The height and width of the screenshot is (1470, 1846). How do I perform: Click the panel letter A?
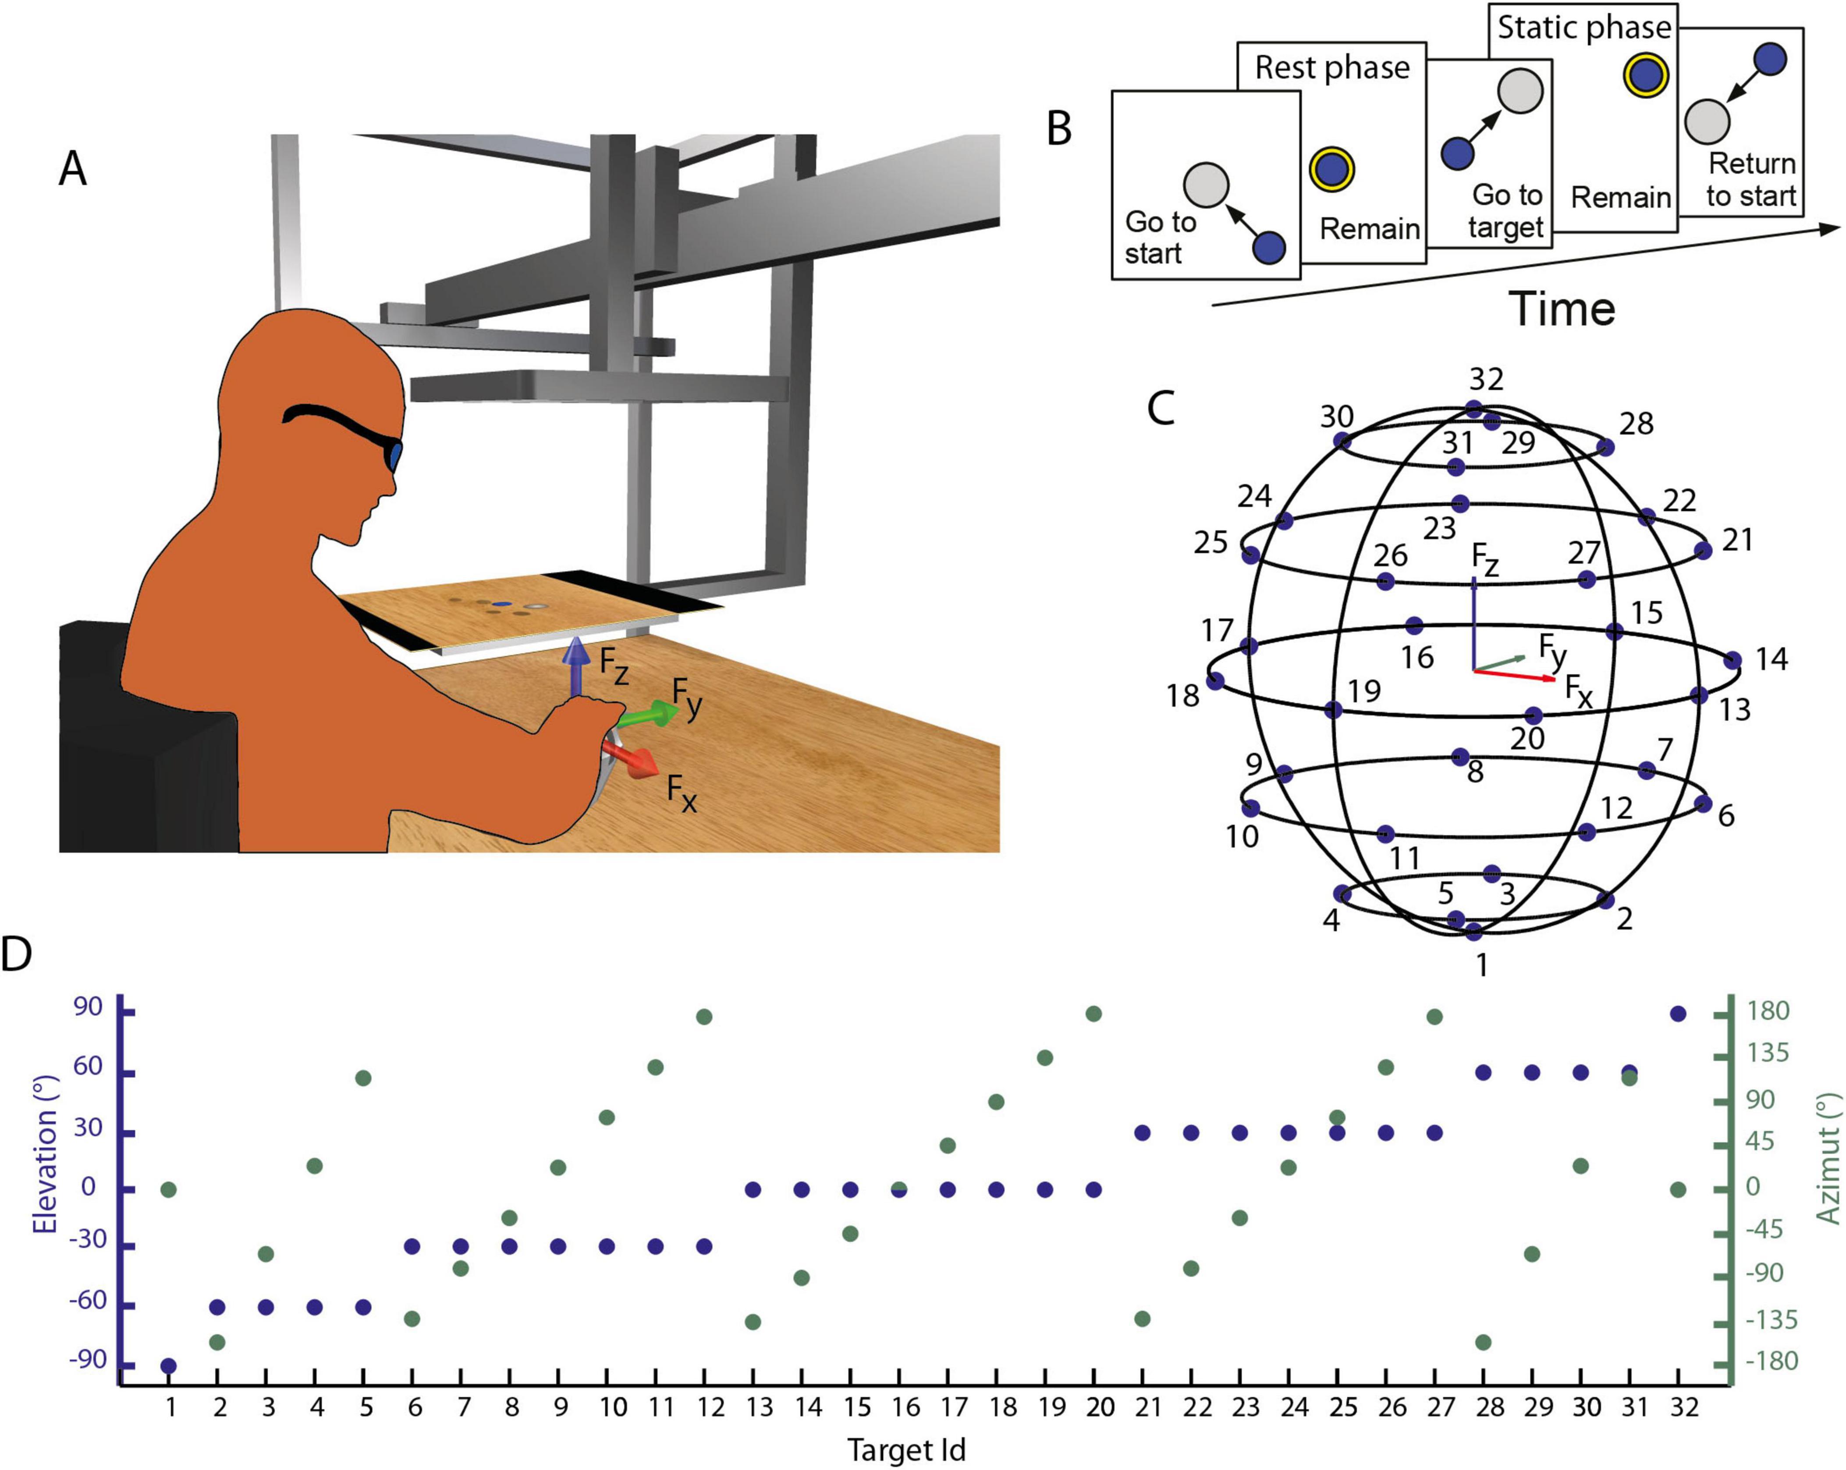[x=73, y=169]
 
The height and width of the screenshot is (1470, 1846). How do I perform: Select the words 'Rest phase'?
[x=1331, y=68]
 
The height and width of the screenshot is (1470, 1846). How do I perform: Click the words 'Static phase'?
[x=1584, y=28]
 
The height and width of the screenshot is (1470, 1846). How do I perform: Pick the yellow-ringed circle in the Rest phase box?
[x=1331, y=169]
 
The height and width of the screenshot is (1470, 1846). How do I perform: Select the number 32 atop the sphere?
[x=1486, y=379]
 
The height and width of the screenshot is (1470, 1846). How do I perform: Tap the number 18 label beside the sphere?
[x=1182, y=696]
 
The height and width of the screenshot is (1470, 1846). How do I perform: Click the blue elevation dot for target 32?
[x=1678, y=1014]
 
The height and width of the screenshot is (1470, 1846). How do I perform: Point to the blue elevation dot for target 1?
[x=169, y=1366]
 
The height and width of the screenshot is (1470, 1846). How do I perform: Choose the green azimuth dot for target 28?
[x=1484, y=1342]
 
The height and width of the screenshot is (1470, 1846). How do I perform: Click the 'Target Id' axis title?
[x=906, y=1449]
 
